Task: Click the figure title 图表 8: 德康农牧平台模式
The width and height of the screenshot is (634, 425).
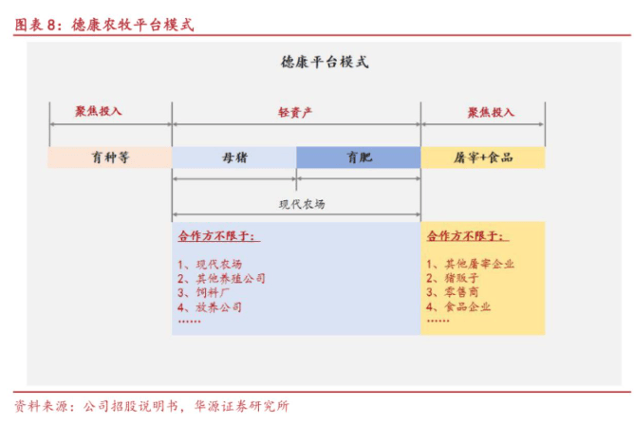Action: pyautogui.click(x=104, y=25)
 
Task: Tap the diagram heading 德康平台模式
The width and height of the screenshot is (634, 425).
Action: pyautogui.click(x=325, y=62)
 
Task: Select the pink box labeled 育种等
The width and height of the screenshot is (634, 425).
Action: pyautogui.click(x=110, y=157)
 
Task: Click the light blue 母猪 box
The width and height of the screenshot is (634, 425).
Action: pyautogui.click(x=234, y=157)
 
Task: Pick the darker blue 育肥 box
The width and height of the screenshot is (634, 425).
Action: pyautogui.click(x=359, y=157)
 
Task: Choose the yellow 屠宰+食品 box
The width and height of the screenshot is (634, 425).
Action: pyautogui.click(x=483, y=157)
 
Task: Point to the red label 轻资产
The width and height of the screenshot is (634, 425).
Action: pyautogui.click(x=295, y=112)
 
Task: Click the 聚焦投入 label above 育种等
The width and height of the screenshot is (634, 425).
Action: pyautogui.click(x=99, y=111)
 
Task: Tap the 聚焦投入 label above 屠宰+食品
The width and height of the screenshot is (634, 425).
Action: pyautogui.click(x=491, y=112)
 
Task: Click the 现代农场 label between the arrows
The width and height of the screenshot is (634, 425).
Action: pyautogui.click(x=302, y=204)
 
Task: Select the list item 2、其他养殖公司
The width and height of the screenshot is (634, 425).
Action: pyautogui.click(x=221, y=278)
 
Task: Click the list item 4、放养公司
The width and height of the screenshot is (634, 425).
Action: pyautogui.click(x=210, y=307)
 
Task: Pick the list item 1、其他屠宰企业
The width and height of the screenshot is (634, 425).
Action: pyautogui.click(x=470, y=264)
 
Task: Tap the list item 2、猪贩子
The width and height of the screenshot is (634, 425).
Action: pyautogui.click(x=453, y=278)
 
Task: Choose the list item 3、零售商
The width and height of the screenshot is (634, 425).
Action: pyautogui.click(x=453, y=292)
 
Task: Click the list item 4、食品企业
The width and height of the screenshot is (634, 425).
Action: pyautogui.click(x=458, y=306)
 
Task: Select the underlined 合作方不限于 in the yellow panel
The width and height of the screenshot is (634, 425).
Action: pyautogui.click(x=468, y=236)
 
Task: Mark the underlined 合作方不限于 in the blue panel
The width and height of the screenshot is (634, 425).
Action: pyautogui.click(x=218, y=236)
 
